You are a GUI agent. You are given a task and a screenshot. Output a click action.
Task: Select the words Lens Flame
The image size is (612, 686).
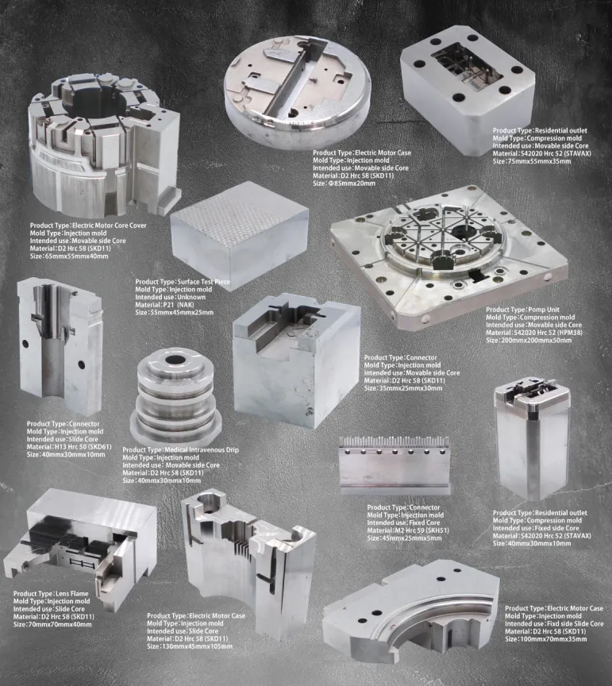(x=71, y=594)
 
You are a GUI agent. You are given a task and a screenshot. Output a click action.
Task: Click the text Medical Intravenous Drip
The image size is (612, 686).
(x=202, y=449)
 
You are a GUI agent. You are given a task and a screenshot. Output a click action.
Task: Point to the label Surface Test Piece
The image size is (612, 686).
(x=204, y=282)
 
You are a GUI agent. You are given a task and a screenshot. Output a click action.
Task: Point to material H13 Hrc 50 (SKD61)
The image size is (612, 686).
(x=83, y=447)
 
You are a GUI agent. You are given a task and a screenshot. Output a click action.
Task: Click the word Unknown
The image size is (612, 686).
(x=194, y=297)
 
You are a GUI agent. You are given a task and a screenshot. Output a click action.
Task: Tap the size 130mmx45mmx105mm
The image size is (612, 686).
(x=196, y=646)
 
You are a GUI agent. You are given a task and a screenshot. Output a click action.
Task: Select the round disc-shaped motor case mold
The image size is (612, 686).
(x=298, y=87)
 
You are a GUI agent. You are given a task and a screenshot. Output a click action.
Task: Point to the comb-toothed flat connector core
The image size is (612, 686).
(x=395, y=464)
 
